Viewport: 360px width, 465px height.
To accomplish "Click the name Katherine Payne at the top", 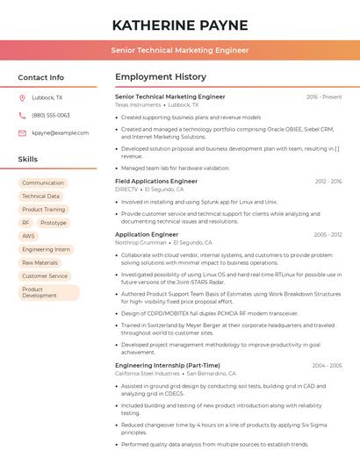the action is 180,25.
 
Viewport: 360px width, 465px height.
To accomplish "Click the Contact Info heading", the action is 40,77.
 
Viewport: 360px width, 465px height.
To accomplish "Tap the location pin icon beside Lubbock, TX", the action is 22,98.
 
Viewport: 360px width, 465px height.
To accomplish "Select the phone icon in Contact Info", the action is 22,116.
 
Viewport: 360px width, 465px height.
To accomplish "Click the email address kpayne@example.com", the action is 61,133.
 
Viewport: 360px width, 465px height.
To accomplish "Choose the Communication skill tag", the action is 43,183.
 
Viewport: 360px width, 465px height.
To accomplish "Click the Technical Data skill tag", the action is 41,197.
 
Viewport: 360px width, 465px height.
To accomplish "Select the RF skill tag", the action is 25,223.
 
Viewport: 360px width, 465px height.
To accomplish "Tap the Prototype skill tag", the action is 54,223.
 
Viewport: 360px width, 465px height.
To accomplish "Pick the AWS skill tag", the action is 29,236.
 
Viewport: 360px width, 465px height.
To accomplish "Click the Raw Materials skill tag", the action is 40,262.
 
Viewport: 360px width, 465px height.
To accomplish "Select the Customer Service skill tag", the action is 45,275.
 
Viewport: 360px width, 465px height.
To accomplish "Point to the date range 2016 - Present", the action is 324,97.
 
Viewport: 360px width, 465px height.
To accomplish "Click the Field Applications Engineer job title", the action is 156,181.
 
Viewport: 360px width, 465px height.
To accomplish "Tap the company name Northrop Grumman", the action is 140,243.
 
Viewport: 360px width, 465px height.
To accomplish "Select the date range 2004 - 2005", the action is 327,365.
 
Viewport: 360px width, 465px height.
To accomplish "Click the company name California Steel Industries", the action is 148,373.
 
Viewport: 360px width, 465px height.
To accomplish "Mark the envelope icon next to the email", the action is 22,133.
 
